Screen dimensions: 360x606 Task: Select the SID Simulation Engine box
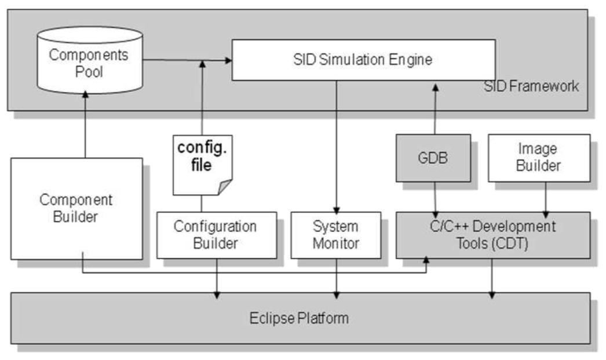pyautogui.click(x=363, y=60)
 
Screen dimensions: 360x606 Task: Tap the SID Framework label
pyautogui.click(x=531, y=87)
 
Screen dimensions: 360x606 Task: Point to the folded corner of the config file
pyautogui.click(x=223, y=187)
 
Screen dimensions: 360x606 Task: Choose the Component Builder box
pyautogui.click(x=76, y=208)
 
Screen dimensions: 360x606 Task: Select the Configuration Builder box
pyautogui.click(x=216, y=234)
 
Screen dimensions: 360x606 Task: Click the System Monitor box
pyautogui.click(x=335, y=234)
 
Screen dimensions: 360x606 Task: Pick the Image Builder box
pyautogui.click(x=539, y=158)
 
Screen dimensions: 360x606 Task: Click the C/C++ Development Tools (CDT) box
pyautogui.click(x=492, y=234)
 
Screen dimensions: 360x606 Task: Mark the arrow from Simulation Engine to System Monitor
pyautogui.click(x=336, y=145)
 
